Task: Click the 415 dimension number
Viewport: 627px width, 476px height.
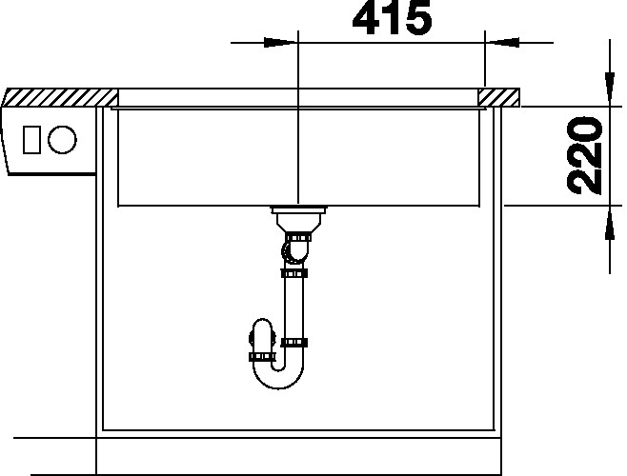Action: tap(392, 17)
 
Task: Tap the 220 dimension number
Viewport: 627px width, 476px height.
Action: tap(585, 155)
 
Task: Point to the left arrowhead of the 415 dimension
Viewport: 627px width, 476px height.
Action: tap(280, 43)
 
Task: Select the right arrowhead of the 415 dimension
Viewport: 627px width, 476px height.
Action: tap(502, 43)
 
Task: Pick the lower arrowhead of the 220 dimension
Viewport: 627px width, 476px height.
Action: tap(610, 223)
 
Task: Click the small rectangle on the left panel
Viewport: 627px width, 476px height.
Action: tap(31, 140)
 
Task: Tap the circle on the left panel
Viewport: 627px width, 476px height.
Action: tap(62, 140)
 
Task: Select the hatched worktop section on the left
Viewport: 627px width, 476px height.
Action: tap(61, 97)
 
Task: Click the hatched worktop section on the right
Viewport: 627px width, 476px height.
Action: tap(499, 98)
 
